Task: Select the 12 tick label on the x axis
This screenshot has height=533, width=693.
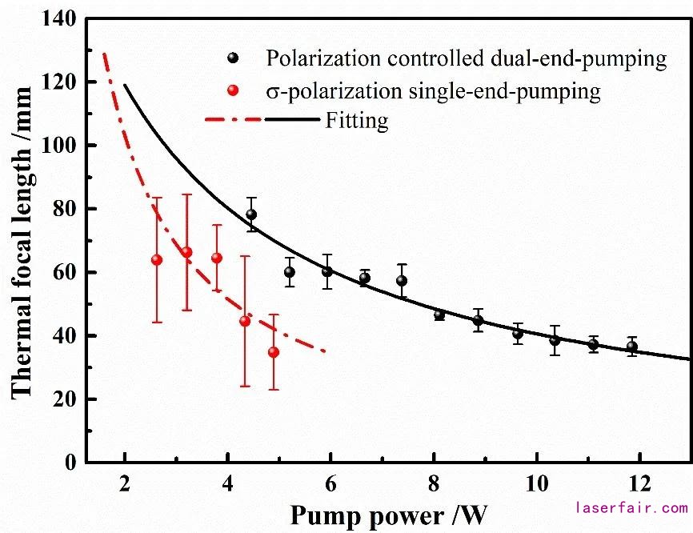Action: (639, 485)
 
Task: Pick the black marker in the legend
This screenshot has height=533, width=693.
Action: (233, 58)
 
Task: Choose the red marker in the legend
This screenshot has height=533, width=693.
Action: (233, 91)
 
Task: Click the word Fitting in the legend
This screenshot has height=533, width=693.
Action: (357, 122)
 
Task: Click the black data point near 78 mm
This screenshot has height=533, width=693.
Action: (251, 214)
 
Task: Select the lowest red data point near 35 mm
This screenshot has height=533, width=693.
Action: (274, 352)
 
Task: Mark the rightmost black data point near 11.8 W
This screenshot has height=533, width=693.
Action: (632, 347)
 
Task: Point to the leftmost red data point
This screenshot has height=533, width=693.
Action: (157, 260)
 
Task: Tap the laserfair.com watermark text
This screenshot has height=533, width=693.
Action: (632, 507)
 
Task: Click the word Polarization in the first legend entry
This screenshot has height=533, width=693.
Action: (316, 58)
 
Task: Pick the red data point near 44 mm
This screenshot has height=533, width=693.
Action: (245, 321)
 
